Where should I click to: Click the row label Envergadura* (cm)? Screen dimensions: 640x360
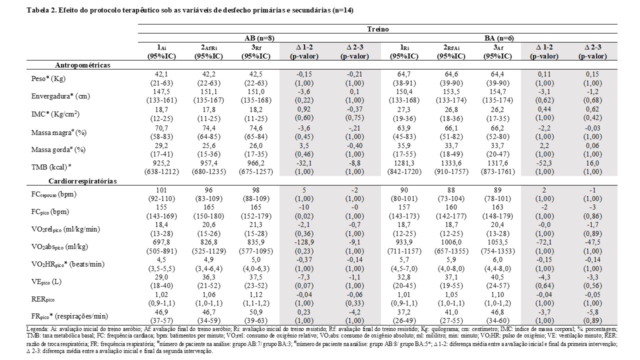[x=60, y=96]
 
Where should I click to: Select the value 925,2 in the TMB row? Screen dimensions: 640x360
[x=161, y=163]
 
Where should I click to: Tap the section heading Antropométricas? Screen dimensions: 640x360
[x=82, y=65]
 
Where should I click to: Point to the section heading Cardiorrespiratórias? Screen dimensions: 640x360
[x=82, y=181]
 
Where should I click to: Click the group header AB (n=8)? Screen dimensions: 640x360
[x=259, y=38]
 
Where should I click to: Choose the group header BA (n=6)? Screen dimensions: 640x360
[x=499, y=38]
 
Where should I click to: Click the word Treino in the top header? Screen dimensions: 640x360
[x=377, y=29]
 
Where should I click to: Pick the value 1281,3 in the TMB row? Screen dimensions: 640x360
[x=403, y=163]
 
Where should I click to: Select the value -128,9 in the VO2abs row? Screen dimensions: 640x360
[x=304, y=242]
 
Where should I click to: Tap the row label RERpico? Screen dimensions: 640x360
[x=43, y=299]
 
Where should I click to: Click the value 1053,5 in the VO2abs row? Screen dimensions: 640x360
[x=497, y=242]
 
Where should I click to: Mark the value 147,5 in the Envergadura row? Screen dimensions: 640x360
[x=161, y=91]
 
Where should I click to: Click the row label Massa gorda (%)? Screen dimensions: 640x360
[x=58, y=149]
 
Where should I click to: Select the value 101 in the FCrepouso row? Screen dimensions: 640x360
[x=161, y=190]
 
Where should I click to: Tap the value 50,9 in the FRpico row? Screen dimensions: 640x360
[x=255, y=312]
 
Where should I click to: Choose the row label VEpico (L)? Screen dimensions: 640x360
[x=46, y=281]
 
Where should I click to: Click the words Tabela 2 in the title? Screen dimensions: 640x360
[x=41, y=10]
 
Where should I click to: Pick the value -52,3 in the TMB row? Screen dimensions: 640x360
[x=544, y=163]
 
